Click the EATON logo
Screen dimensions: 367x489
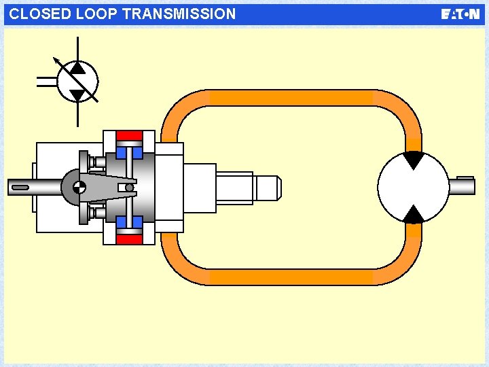tap(460, 14)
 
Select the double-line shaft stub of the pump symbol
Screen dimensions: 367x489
tap(47, 82)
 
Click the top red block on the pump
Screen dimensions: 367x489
tap(129, 135)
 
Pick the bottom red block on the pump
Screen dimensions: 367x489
tap(129, 239)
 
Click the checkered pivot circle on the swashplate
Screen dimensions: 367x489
tap(79, 187)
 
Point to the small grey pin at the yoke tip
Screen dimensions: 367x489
tap(129, 188)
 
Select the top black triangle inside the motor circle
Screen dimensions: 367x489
tap(413, 160)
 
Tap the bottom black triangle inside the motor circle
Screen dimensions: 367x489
tap(413, 214)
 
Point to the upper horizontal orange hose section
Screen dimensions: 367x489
tap(292, 98)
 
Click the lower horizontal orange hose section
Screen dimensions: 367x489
tap(292, 277)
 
